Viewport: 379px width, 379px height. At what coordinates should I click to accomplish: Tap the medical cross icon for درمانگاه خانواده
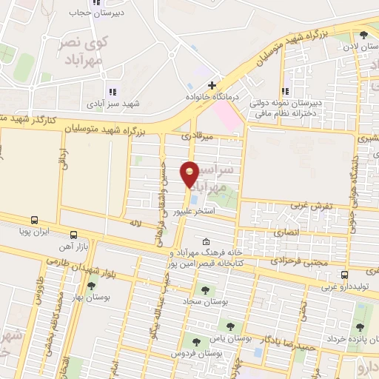[x=212, y=85]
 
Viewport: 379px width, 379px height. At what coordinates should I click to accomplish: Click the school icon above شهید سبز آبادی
[x=113, y=93]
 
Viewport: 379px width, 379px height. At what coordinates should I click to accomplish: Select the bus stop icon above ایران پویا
[x=34, y=220]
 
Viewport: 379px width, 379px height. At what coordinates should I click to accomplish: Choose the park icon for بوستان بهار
[x=91, y=286]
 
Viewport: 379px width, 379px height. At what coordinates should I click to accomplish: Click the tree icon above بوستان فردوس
[x=196, y=341]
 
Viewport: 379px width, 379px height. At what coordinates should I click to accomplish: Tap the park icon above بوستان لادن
[x=363, y=35]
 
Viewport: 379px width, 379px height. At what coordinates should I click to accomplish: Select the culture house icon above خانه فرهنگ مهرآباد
[x=206, y=241]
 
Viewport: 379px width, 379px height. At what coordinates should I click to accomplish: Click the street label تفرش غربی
[x=311, y=204]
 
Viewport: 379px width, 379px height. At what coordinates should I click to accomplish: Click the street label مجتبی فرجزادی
[x=295, y=261]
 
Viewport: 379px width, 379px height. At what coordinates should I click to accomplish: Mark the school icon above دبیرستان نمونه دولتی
[x=286, y=93]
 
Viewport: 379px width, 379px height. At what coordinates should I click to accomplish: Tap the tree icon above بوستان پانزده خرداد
[x=359, y=327]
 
